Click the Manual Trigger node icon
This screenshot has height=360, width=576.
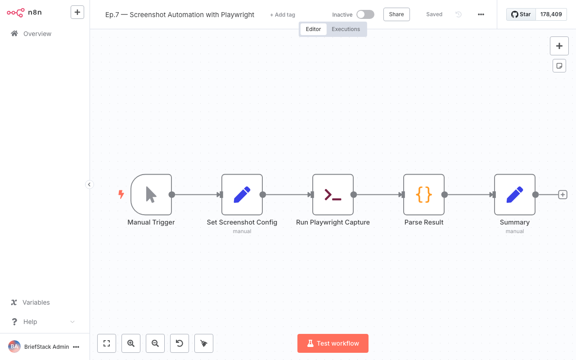(x=151, y=194)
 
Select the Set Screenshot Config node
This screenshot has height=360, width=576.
(x=242, y=194)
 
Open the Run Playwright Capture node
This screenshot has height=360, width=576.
(x=333, y=194)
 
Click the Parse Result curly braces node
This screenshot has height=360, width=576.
(x=424, y=194)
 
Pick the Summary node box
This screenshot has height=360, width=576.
(x=515, y=194)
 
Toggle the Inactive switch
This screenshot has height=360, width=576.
(x=365, y=14)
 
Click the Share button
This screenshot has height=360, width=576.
(x=396, y=14)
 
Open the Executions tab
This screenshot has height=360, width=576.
(x=346, y=29)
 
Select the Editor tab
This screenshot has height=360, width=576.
(x=313, y=29)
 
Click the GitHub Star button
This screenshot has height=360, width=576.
(x=521, y=14)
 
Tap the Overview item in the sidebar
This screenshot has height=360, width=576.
(x=37, y=34)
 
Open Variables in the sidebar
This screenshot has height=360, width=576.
(x=36, y=302)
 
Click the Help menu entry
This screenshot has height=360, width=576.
(x=30, y=322)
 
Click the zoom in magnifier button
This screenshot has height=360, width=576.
(x=131, y=343)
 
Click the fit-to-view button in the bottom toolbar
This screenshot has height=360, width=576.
(x=107, y=343)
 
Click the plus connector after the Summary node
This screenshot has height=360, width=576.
(x=562, y=194)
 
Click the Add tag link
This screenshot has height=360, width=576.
(x=283, y=15)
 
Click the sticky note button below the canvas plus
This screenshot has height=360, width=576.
(x=559, y=66)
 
